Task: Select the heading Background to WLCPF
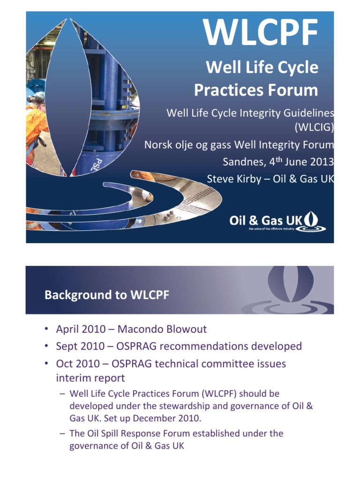point(107,295)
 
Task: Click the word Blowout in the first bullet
point(188,329)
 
